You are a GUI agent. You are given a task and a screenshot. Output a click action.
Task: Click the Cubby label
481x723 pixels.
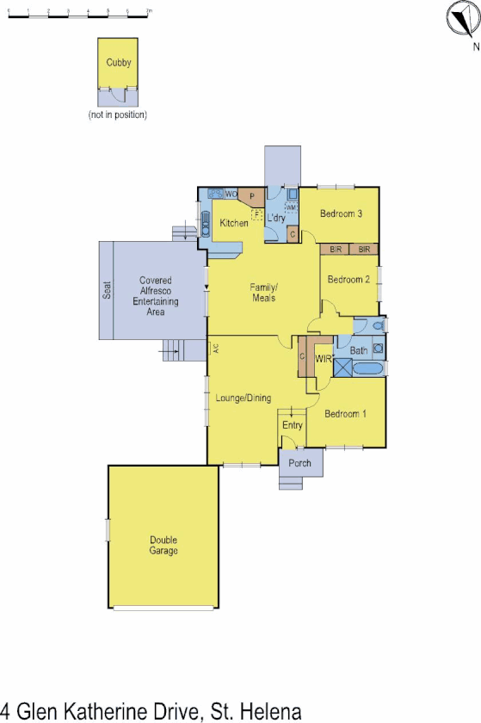(119, 63)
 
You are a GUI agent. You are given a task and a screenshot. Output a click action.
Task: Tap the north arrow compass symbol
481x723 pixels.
(462, 18)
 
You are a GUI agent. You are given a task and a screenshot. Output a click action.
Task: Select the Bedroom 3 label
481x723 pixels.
(341, 214)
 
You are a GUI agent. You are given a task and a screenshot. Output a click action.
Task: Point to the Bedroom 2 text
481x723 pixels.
(348, 279)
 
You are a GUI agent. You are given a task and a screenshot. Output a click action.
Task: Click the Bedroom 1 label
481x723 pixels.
(346, 414)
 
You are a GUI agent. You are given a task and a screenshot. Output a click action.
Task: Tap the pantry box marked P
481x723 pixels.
(252, 196)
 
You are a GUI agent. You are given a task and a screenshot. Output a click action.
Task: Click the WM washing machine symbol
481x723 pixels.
(292, 207)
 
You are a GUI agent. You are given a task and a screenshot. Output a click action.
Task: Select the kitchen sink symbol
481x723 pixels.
(205, 223)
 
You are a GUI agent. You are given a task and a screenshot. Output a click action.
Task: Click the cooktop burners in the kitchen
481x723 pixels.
(216, 195)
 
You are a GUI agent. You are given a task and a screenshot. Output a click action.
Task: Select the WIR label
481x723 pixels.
(324, 359)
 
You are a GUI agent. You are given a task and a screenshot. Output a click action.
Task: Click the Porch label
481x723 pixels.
(299, 463)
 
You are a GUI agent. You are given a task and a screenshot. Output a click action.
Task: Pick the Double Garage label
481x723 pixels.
(163, 546)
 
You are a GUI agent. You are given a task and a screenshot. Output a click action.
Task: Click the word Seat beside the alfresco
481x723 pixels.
(108, 290)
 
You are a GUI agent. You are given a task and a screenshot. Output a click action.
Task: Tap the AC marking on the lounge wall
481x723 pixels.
(217, 349)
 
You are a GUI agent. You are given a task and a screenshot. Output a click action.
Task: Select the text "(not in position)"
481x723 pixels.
(118, 114)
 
